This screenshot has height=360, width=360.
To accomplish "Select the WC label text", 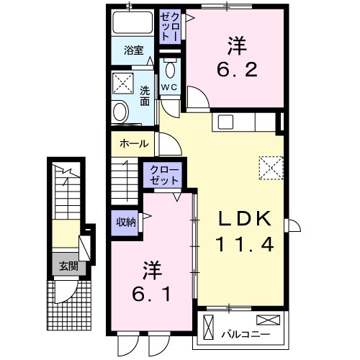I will click(169, 86).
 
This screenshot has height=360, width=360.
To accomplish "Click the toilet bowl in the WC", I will click(170, 70).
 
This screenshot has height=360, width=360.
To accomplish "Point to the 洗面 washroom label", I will click(144, 96).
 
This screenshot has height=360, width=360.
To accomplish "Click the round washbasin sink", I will click(120, 112).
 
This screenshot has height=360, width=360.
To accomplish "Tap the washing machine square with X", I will click(122, 83).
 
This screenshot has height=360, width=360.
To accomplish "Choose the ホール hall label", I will click(135, 143).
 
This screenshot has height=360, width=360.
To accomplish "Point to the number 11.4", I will click(244, 246).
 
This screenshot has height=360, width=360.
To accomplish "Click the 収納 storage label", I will click(125, 222).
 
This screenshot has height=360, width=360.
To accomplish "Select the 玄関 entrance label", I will click(68, 266).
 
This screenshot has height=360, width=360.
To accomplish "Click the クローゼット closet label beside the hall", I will click(166, 174).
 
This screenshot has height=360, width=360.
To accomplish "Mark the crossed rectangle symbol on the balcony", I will click(267, 319).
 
